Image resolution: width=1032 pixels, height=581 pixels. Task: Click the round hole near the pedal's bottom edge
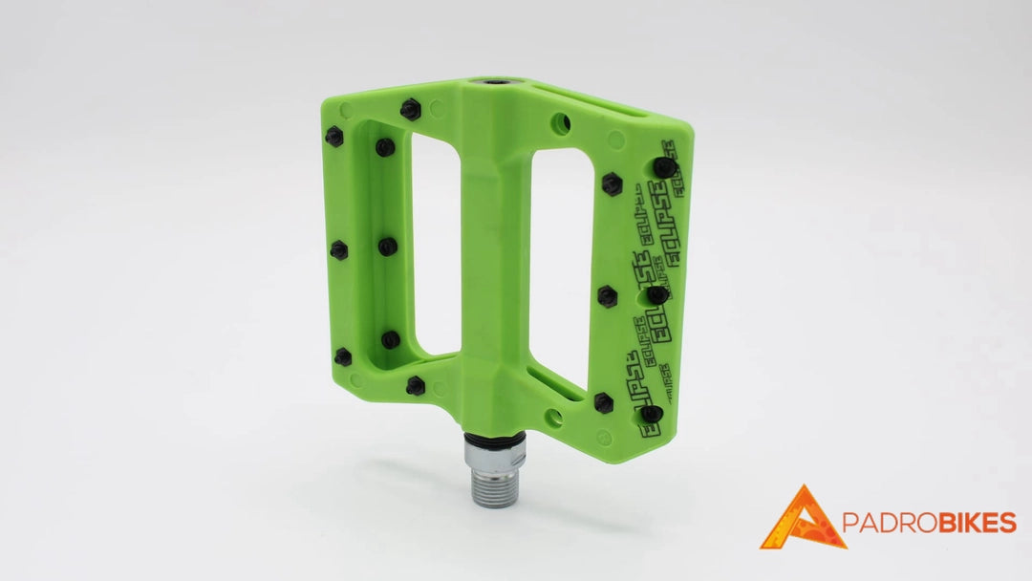pyautogui.click(x=552, y=418)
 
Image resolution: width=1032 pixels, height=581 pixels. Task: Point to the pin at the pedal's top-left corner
pyautogui.click(x=333, y=137)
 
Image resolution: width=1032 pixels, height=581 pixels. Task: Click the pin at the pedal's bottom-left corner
pyautogui.click(x=341, y=357)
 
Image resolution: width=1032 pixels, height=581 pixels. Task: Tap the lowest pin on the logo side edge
pyautogui.click(x=652, y=414)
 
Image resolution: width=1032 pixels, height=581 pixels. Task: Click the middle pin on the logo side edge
pyautogui.click(x=656, y=296)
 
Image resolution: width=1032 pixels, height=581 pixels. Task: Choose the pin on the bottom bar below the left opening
pyautogui.click(x=415, y=385)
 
